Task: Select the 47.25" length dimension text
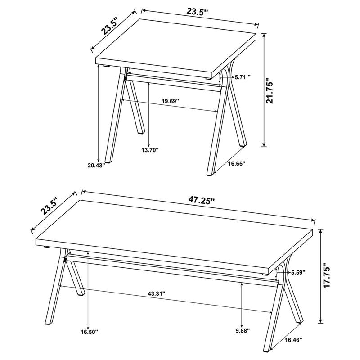click(x=198, y=200)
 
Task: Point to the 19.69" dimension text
click(x=170, y=101)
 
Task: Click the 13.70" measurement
click(x=149, y=150)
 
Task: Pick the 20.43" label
click(x=96, y=165)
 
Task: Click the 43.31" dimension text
click(x=157, y=293)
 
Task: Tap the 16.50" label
click(x=89, y=332)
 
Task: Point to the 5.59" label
click(x=298, y=272)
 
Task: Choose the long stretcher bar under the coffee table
click(x=171, y=269)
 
